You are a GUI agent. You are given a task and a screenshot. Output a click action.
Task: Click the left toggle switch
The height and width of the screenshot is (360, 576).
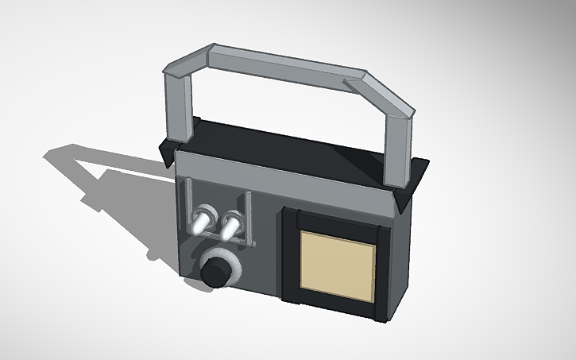click(202, 219)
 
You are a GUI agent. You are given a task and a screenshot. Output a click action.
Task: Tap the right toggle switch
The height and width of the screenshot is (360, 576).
click(230, 225)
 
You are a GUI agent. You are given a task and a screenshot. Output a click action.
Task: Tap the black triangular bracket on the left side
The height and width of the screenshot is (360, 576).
click(167, 152)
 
